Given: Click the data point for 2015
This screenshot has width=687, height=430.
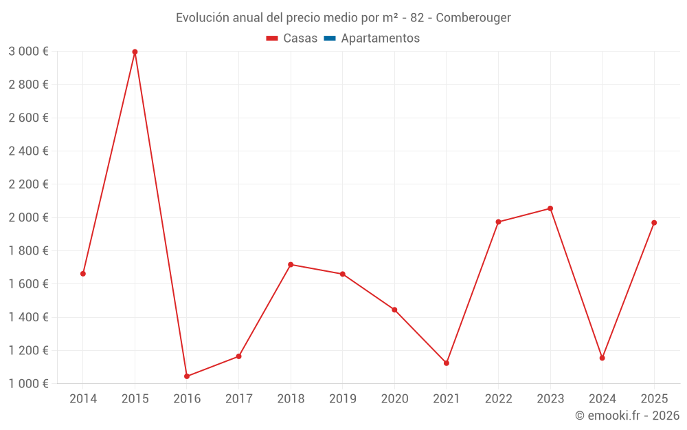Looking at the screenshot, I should pyautogui.click(x=135, y=52).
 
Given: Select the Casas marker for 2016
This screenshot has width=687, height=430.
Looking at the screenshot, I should pyautogui.click(x=187, y=376).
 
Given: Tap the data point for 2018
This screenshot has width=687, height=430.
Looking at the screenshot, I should pyautogui.click(x=291, y=264).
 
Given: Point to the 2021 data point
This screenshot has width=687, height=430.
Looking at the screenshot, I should pyautogui.click(x=447, y=363).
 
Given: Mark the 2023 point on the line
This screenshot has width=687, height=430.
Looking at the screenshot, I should pyautogui.click(x=550, y=208).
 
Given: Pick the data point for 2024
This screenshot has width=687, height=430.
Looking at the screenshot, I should pyautogui.click(x=602, y=358).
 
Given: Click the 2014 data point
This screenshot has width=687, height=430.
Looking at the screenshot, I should pyautogui.click(x=83, y=274).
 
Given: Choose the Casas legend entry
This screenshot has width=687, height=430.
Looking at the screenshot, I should pyautogui.click(x=292, y=39).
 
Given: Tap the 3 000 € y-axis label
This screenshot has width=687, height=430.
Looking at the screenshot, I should pyautogui.click(x=28, y=52).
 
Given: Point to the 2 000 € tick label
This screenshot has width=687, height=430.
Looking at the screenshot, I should pyautogui.click(x=28, y=217).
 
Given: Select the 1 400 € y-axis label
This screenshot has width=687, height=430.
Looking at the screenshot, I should pyautogui.click(x=28, y=317).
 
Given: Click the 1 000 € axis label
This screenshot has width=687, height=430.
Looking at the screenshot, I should pyautogui.click(x=28, y=384).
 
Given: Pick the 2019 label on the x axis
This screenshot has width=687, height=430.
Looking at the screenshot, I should pyautogui.click(x=343, y=398).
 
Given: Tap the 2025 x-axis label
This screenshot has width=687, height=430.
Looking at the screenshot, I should pyautogui.click(x=654, y=398).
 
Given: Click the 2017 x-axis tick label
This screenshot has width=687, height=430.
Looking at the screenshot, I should pyautogui.click(x=238, y=398).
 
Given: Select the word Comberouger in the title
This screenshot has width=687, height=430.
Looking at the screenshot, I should pyautogui.click(x=474, y=18).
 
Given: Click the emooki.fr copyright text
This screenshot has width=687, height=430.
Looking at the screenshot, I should pyautogui.click(x=627, y=416).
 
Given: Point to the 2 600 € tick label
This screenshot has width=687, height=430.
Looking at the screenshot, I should pyautogui.click(x=28, y=118).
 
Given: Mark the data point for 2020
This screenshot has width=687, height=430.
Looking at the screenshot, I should pyautogui.click(x=394, y=310).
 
